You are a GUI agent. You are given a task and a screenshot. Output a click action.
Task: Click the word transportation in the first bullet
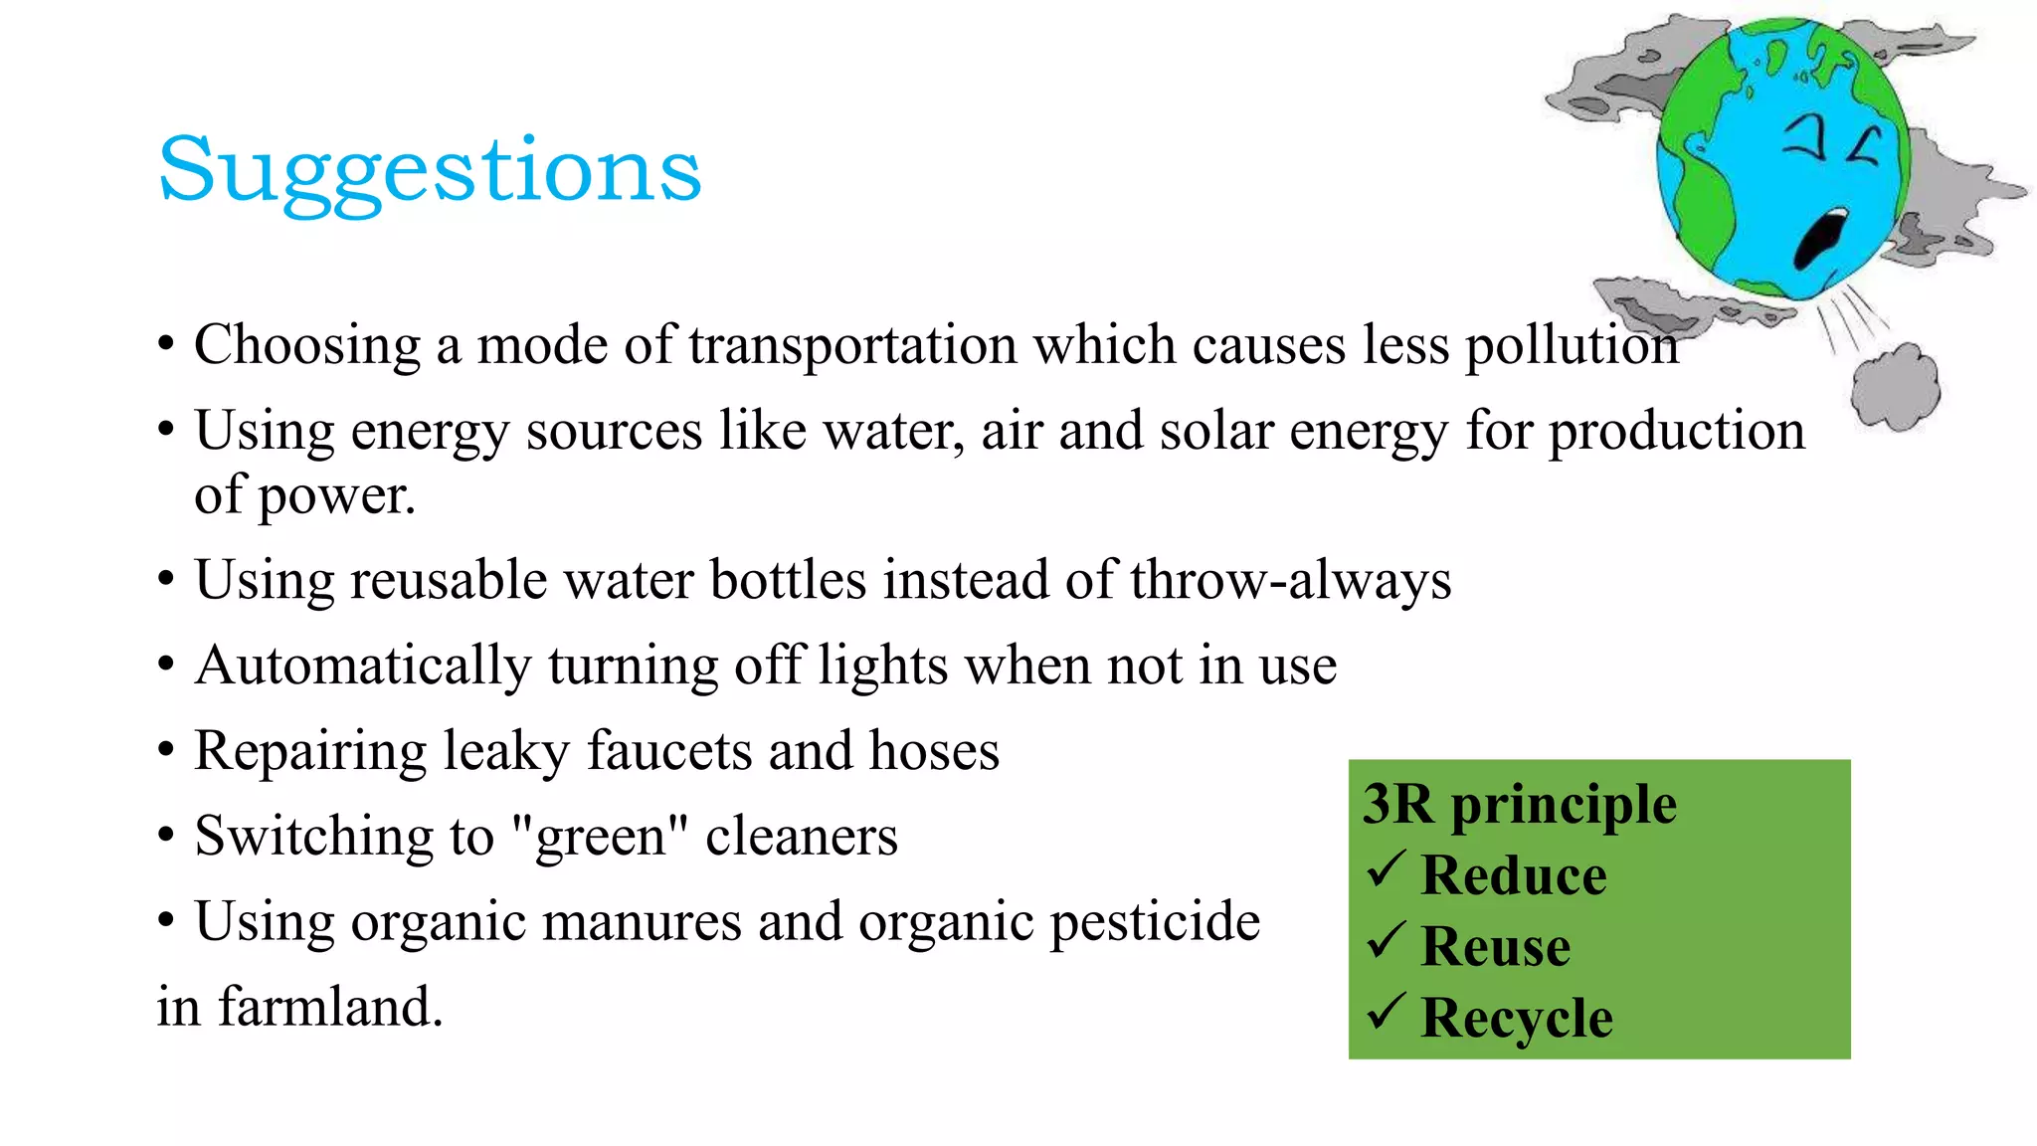852,346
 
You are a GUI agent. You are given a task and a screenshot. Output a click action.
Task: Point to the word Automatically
363,666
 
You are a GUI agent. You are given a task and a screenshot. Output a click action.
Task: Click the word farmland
329,1008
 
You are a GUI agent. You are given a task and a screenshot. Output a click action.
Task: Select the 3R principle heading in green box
1519,805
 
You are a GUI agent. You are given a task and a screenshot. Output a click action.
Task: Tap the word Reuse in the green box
1495,946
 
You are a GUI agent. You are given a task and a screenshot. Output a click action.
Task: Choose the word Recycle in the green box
1516,1018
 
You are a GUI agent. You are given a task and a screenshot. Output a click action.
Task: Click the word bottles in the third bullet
788,580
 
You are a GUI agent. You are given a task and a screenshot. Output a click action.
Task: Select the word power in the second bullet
335,496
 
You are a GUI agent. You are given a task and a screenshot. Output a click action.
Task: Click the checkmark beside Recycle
1386,1011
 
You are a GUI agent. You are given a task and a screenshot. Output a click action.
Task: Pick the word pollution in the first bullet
1572,346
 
